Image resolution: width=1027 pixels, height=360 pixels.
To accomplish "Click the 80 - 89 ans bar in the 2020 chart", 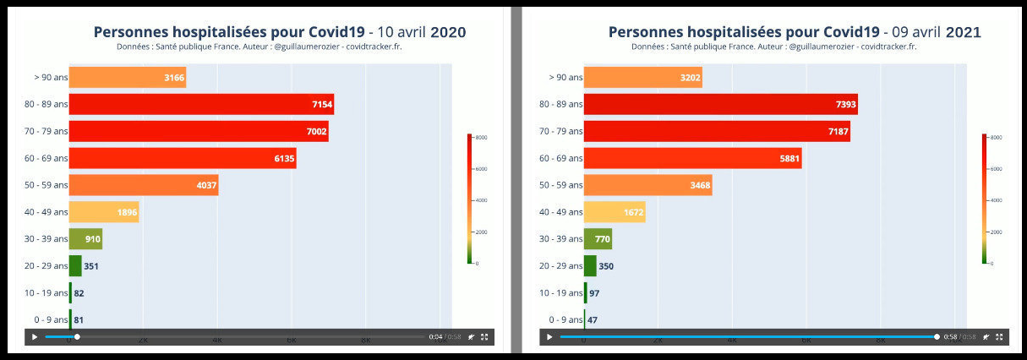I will click(x=200, y=104).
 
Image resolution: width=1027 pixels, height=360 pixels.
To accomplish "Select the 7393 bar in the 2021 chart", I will click(x=720, y=104).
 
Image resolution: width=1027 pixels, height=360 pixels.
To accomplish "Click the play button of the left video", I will click(x=35, y=337).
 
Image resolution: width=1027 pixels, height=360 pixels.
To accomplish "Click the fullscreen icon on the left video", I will click(x=484, y=337).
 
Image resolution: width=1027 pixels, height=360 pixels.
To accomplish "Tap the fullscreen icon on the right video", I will click(x=1000, y=337).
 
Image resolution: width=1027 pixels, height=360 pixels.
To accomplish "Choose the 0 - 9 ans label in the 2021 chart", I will click(x=565, y=320).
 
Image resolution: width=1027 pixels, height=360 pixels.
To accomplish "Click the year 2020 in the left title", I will click(x=448, y=32).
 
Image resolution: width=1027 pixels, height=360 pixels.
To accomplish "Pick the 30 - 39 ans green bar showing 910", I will click(x=85, y=239).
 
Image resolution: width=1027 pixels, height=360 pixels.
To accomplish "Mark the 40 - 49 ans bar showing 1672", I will click(x=614, y=212).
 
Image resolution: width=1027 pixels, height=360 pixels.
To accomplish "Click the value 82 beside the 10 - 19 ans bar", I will click(x=79, y=293).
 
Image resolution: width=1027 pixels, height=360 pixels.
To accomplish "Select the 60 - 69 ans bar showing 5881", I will click(x=691, y=158).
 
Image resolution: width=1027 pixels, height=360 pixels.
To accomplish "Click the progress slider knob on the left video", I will click(x=77, y=337).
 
